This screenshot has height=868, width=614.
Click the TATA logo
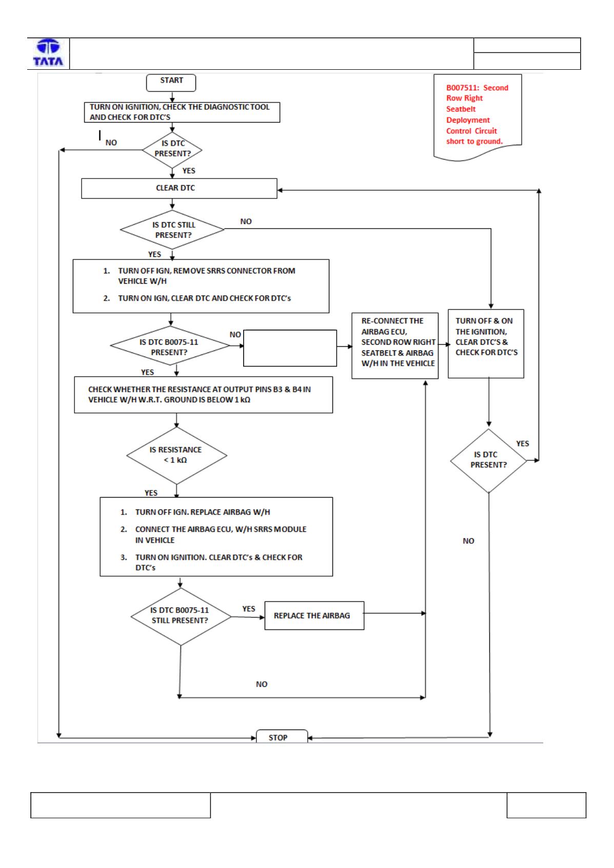(48, 53)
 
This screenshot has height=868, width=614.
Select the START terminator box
(171, 83)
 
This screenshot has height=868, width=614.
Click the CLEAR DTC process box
(180, 189)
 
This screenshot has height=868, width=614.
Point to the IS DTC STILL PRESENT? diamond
(172, 230)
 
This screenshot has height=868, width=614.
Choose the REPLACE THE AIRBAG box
(314, 616)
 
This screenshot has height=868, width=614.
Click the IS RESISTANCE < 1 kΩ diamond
(176, 456)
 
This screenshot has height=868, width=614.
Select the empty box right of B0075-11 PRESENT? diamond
(290, 348)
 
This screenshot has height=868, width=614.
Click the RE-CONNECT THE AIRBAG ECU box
(395, 346)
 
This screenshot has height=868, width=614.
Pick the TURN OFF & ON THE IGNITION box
(486, 344)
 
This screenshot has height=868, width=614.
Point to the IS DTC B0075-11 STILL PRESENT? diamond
(181, 617)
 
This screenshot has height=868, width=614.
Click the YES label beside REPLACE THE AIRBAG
(249, 609)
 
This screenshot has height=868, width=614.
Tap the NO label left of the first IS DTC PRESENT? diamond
(111, 143)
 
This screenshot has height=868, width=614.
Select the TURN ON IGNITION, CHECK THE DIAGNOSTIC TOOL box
(182, 112)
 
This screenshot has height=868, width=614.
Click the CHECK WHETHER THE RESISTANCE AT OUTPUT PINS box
(203, 395)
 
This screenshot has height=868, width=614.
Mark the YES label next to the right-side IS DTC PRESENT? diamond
(523, 444)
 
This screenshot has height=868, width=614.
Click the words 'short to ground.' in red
(474, 142)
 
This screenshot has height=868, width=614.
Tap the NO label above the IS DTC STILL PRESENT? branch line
(246, 222)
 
